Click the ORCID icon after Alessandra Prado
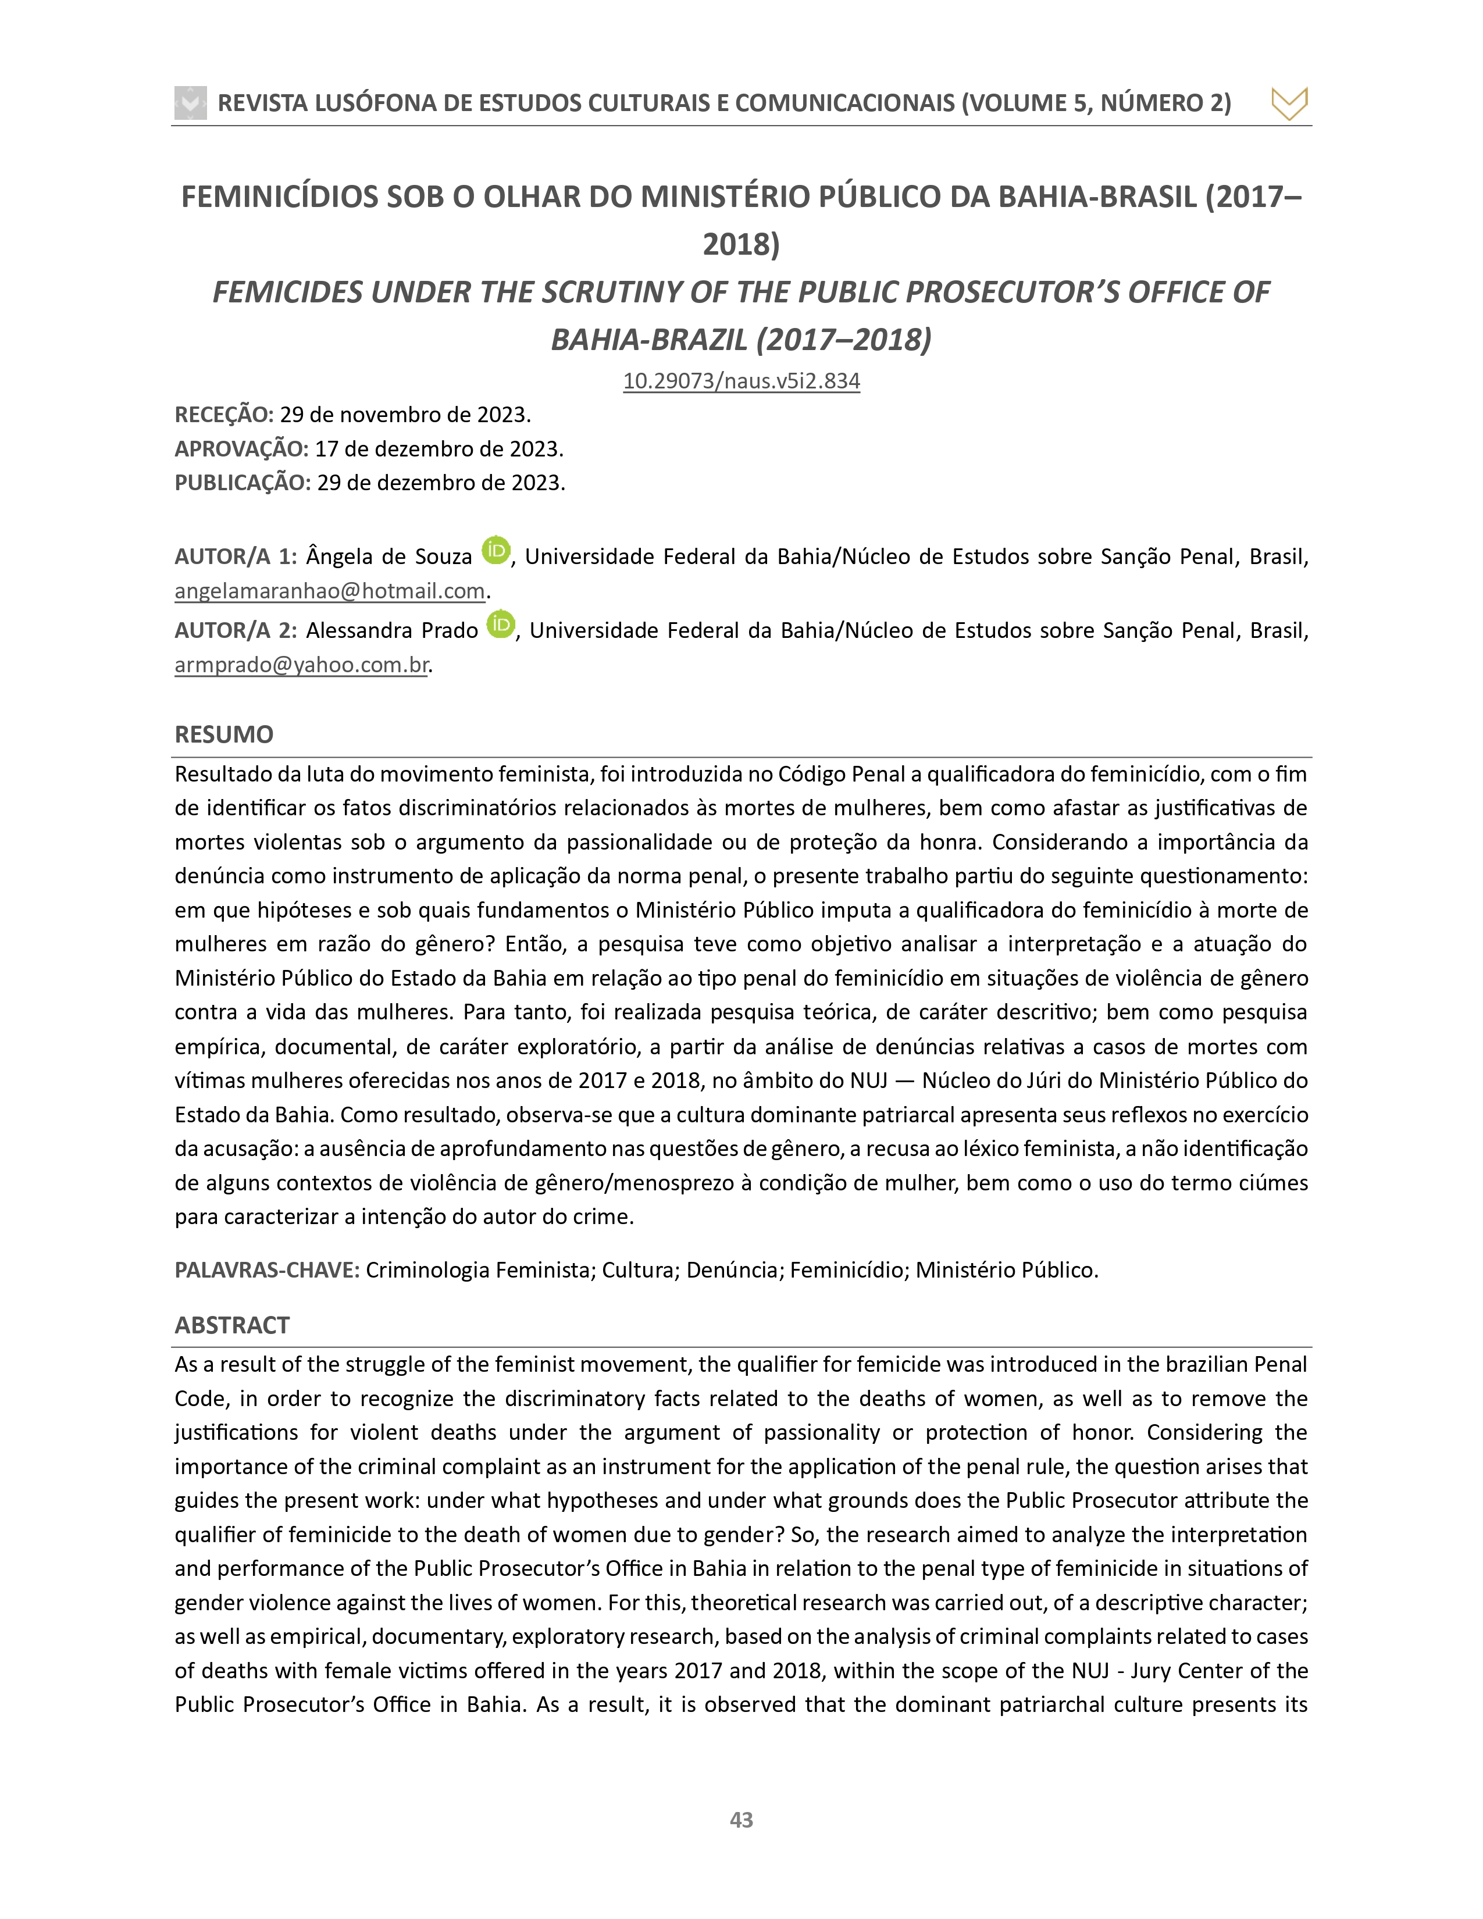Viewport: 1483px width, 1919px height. point(501,624)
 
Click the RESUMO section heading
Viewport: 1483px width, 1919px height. point(224,734)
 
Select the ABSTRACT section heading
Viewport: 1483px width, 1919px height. point(232,1325)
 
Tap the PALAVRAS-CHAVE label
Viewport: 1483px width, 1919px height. point(267,1269)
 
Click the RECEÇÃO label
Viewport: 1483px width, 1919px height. point(224,415)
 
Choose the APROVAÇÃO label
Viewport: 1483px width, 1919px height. point(241,449)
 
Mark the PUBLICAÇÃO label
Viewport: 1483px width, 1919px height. point(243,483)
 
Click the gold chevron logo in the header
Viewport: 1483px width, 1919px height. point(1289,103)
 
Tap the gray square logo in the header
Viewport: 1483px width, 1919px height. point(191,103)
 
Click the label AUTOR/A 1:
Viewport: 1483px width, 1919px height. point(236,557)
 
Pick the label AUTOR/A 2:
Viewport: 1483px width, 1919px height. point(236,631)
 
